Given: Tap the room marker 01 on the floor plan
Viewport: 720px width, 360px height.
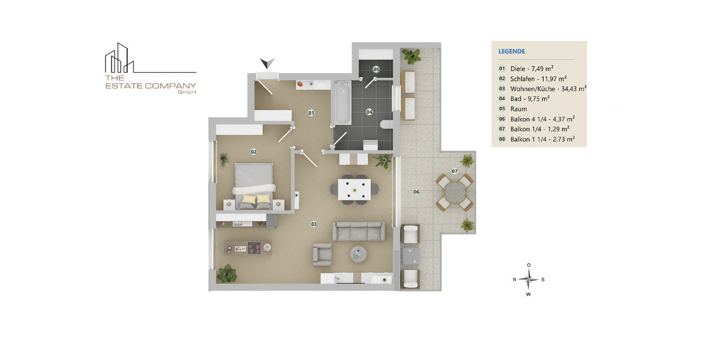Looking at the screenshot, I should (x=311, y=112).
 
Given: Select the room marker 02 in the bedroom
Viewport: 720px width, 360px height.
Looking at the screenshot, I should (x=254, y=152).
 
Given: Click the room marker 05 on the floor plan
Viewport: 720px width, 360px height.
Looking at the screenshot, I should (x=376, y=70).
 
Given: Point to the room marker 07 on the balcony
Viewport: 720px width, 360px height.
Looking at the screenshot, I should (x=455, y=171).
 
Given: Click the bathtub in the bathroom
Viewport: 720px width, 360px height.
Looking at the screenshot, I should (x=343, y=104).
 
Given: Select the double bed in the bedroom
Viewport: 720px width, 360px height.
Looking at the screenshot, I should (x=254, y=185).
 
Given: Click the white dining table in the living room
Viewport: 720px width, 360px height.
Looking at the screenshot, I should (x=355, y=189).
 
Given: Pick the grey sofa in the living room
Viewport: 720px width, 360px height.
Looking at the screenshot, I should (x=359, y=231).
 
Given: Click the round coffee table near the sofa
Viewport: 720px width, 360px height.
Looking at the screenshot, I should (x=361, y=254).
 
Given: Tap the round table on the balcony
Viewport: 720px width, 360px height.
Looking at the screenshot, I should (x=454, y=193).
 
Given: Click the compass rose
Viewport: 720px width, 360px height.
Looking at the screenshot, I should (x=529, y=279).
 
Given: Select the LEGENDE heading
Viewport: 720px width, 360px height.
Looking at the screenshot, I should (x=512, y=52).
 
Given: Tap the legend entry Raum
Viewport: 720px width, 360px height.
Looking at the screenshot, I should (x=518, y=109).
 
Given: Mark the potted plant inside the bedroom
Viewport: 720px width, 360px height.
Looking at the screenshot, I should (x=224, y=160).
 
